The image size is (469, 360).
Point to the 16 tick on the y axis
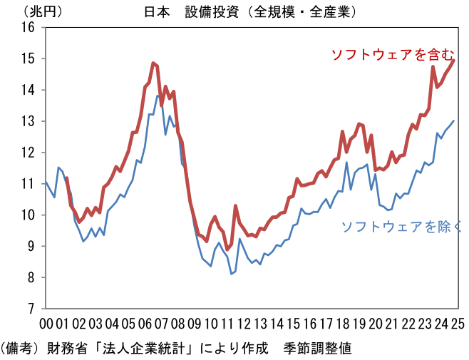click(29, 28)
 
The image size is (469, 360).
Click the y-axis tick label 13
click(29, 121)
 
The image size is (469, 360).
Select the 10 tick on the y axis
click(29, 215)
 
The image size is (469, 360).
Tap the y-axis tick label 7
click(31, 309)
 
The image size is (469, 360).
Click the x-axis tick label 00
click(46, 324)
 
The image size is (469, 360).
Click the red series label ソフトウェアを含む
click(391, 54)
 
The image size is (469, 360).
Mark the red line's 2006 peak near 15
click(153, 63)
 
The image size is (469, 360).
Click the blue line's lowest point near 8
click(232, 273)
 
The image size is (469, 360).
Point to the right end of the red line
click(454, 61)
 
